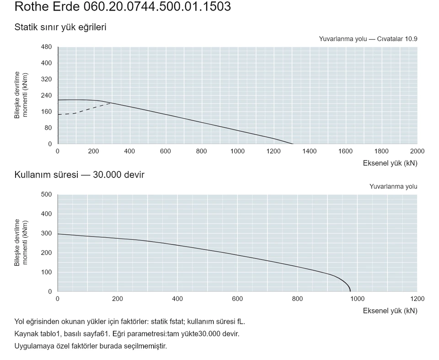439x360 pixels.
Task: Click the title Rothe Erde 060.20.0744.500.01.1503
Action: coord(123,6)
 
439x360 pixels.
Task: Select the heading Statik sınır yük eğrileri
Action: coord(60,27)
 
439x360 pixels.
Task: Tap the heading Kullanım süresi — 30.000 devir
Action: coord(79,175)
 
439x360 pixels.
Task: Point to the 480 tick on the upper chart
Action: coord(47,47)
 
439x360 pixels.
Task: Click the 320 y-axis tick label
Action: coord(47,79)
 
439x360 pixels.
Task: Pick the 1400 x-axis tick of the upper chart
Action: coord(310,151)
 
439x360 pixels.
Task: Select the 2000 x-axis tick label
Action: coord(417,151)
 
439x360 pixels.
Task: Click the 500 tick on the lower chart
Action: coord(47,194)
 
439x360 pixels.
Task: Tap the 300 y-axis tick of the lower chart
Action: coord(47,233)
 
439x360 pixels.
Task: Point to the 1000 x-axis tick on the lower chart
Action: coord(358,299)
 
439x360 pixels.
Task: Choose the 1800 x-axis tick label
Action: coord(381,151)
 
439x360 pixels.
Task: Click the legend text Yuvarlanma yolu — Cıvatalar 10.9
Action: coord(368,39)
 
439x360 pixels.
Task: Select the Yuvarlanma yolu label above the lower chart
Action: coord(393,187)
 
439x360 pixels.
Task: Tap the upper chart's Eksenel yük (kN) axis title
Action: coord(390,163)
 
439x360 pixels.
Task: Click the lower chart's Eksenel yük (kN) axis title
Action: coord(390,311)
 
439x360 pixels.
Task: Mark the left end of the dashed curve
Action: coord(58,114)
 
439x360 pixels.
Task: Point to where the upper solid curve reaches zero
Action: coord(293,144)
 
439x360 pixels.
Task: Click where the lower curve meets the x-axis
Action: coord(350,291)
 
